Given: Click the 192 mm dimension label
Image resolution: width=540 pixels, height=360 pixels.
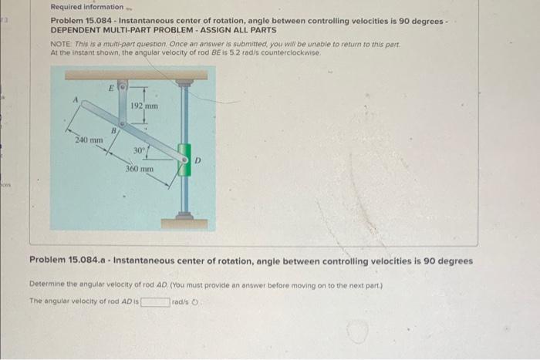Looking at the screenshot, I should click(143, 106).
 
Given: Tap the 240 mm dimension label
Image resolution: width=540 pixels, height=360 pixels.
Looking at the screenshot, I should click(89, 140).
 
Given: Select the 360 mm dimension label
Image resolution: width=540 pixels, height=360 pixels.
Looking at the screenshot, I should click(140, 167).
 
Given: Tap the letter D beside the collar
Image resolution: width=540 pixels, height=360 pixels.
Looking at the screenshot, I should click(197, 160).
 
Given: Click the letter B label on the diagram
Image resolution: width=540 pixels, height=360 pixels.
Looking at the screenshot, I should click(114, 131).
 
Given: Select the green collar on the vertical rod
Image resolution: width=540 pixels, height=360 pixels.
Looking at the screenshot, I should click(184, 160).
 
